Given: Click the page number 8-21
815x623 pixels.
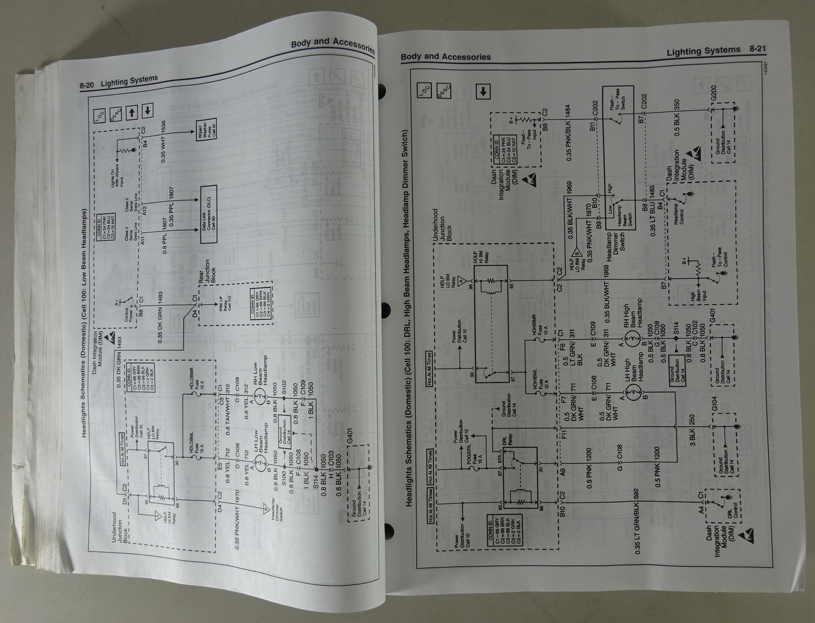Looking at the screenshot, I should pos(757,49).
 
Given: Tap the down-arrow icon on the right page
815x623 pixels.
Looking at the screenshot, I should pos(483,92).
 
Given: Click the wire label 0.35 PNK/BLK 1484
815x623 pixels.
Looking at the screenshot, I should pos(568,133).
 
